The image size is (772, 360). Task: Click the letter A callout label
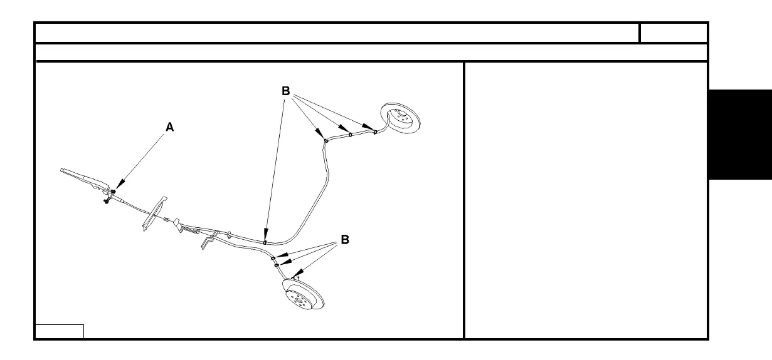pyautogui.click(x=169, y=127)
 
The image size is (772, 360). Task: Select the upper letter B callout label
pyautogui.click(x=285, y=91)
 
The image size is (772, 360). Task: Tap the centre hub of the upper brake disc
pyautogui.click(x=398, y=117)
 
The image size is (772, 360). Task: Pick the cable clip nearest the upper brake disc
pyautogui.click(x=375, y=132)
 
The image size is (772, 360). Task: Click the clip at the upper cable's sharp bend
pyautogui.click(x=326, y=141)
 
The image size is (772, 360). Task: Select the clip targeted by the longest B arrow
pyautogui.click(x=265, y=240)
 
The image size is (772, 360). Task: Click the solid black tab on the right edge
pyautogui.click(x=740, y=134)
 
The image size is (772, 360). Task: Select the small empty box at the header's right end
pyautogui.click(x=674, y=33)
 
